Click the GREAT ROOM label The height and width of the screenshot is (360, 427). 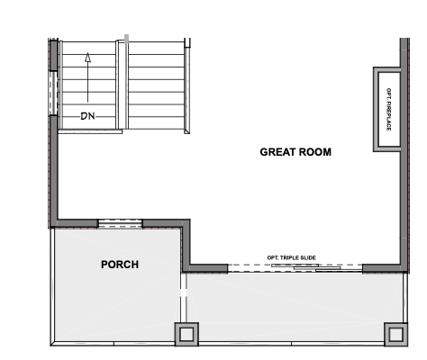click(295, 152)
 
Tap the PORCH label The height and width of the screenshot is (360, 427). click(120, 265)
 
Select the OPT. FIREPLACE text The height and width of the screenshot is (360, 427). click(388, 109)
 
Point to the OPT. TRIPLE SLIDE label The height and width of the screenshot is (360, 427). click(291, 257)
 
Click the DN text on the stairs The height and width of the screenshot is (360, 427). click(87, 116)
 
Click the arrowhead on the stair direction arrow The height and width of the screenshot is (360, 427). click(87, 58)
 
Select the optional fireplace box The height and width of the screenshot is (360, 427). click(387, 109)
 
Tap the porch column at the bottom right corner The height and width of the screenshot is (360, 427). click(395, 334)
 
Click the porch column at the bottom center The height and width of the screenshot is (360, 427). click(186, 334)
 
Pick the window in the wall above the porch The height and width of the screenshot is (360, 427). click(120, 224)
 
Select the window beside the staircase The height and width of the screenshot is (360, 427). click(53, 93)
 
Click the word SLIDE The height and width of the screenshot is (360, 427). click(308, 257)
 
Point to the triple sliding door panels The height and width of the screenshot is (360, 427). click(317, 267)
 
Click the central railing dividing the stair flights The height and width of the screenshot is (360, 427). click(123, 85)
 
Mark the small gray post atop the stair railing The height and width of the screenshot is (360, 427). click(127, 39)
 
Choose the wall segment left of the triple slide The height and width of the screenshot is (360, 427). click(208, 268)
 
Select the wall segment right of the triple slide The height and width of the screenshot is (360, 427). click(382, 268)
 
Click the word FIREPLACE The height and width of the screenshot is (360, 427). click(388, 116)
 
